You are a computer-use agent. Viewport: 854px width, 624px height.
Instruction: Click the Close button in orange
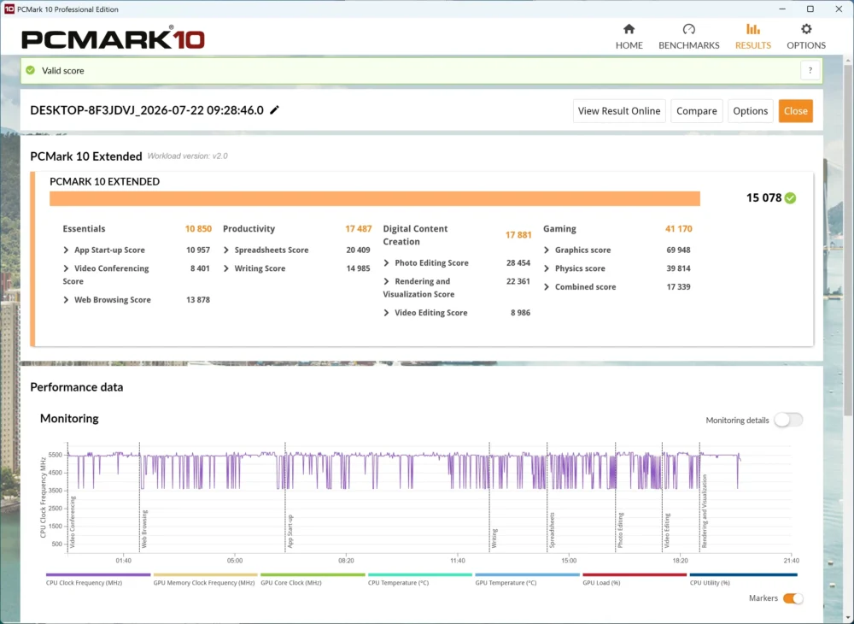point(795,111)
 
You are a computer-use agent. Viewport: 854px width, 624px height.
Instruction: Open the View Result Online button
point(618,111)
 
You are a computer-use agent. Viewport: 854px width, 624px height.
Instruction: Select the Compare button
point(697,111)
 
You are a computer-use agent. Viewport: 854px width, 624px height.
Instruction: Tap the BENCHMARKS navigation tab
point(689,37)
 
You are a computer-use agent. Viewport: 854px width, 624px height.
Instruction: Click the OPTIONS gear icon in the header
point(806,29)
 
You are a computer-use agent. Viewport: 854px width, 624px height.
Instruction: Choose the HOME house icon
point(629,29)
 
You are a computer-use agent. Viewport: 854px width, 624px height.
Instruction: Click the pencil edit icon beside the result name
point(274,110)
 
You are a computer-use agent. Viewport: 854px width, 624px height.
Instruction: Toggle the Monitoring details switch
point(788,421)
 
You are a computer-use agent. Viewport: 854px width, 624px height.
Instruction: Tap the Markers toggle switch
point(793,598)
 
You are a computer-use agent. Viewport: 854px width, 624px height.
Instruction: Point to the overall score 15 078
point(763,197)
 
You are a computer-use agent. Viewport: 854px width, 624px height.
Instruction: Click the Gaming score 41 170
point(679,229)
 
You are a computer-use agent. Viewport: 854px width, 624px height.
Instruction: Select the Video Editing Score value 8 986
point(520,313)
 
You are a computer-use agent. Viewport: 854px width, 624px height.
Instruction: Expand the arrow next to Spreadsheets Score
point(226,250)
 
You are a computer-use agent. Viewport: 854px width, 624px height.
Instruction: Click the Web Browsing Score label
point(113,300)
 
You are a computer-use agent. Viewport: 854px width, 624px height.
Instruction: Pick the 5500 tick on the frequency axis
point(56,455)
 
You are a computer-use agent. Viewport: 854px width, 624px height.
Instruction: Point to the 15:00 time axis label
point(569,560)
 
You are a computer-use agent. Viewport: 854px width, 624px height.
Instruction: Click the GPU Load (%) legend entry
point(602,583)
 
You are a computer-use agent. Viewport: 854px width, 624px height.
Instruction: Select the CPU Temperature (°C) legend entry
point(398,583)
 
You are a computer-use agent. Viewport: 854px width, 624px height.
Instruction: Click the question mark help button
point(810,70)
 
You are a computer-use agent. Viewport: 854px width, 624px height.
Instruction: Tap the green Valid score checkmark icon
point(31,70)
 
